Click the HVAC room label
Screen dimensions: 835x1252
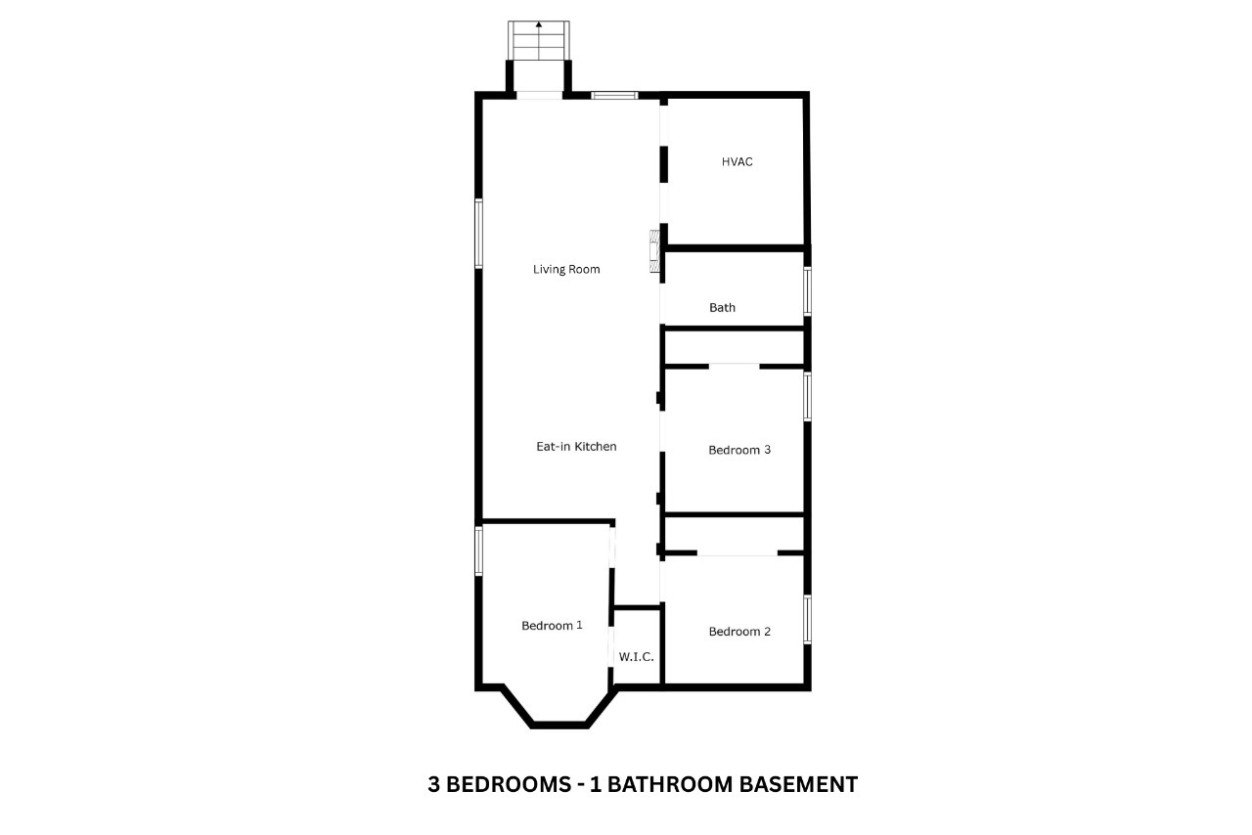coord(737,162)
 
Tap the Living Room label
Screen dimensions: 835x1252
coord(566,269)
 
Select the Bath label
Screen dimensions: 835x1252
coord(722,308)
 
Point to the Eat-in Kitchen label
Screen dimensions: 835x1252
coord(576,447)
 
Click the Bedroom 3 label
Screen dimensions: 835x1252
coord(739,451)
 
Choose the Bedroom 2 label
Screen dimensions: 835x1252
coord(739,632)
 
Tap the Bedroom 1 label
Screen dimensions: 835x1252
coord(552,626)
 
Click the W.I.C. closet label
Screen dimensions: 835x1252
coord(636,657)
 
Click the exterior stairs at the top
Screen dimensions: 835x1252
coord(538,41)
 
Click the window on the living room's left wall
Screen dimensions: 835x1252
coord(479,233)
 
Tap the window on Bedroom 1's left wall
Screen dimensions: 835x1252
coord(479,550)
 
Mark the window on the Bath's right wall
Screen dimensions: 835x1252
coord(808,291)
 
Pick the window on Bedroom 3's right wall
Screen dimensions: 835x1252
coord(808,396)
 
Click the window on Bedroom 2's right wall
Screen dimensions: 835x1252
coord(808,619)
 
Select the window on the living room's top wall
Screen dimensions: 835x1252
coord(614,95)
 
